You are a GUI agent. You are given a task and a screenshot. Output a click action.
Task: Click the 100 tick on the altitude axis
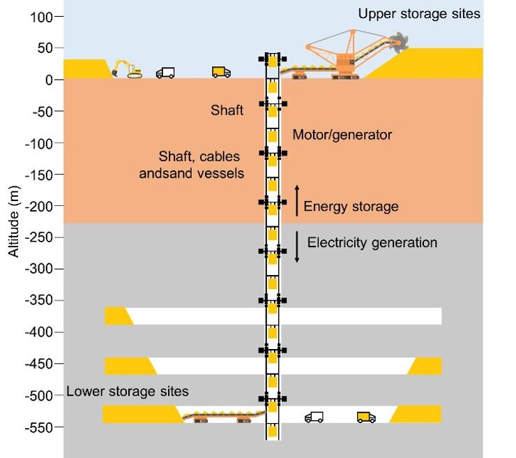pos(43,17)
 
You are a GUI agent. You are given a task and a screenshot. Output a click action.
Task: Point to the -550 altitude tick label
pos(38,427)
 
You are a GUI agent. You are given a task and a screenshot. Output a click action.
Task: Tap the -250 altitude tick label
pos(38,237)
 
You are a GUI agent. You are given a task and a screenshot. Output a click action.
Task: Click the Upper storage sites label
pos(418,13)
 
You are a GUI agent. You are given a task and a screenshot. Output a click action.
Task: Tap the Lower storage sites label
pos(127,391)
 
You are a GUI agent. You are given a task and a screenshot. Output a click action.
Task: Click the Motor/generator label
pos(342,135)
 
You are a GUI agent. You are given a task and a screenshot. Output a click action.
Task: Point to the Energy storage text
pos(351,206)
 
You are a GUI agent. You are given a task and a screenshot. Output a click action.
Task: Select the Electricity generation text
pos(372,243)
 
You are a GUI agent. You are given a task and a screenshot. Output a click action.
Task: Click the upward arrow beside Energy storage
pos(296,200)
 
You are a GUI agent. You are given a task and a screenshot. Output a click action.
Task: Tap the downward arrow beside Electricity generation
pos(296,246)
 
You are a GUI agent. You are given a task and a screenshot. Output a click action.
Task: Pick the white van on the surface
pos(165,73)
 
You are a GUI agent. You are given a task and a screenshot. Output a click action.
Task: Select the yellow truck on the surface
pos(221,71)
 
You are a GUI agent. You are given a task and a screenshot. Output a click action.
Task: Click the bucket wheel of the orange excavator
pos(398,43)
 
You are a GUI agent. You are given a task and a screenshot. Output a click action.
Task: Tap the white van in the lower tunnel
pos(314,417)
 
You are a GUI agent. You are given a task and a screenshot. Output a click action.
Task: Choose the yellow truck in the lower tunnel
pos(366,417)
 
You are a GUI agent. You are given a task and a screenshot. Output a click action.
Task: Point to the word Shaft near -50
pos(227,110)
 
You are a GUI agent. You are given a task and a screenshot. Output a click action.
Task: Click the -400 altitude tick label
pos(38,332)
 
